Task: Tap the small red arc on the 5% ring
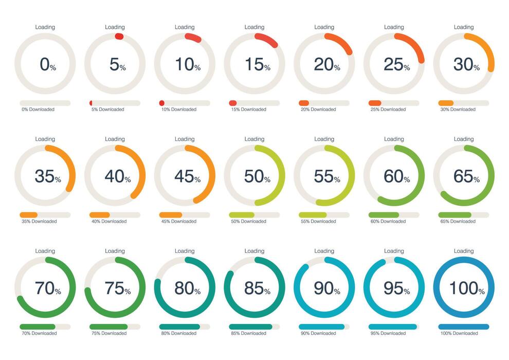click(119, 37)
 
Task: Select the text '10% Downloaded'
click(178, 110)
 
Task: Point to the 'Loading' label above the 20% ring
click(324, 27)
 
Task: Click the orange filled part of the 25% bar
click(375, 103)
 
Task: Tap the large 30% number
click(466, 65)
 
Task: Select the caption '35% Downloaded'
click(39, 222)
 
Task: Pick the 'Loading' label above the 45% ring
click(185, 139)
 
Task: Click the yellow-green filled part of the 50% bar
click(242, 215)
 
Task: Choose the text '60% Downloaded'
click(388, 222)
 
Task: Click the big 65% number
click(466, 176)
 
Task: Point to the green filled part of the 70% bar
click(38, 327)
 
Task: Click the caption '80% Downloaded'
click(178, 333)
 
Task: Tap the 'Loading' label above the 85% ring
click(254, 251)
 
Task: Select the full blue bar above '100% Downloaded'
click(463, 327)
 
